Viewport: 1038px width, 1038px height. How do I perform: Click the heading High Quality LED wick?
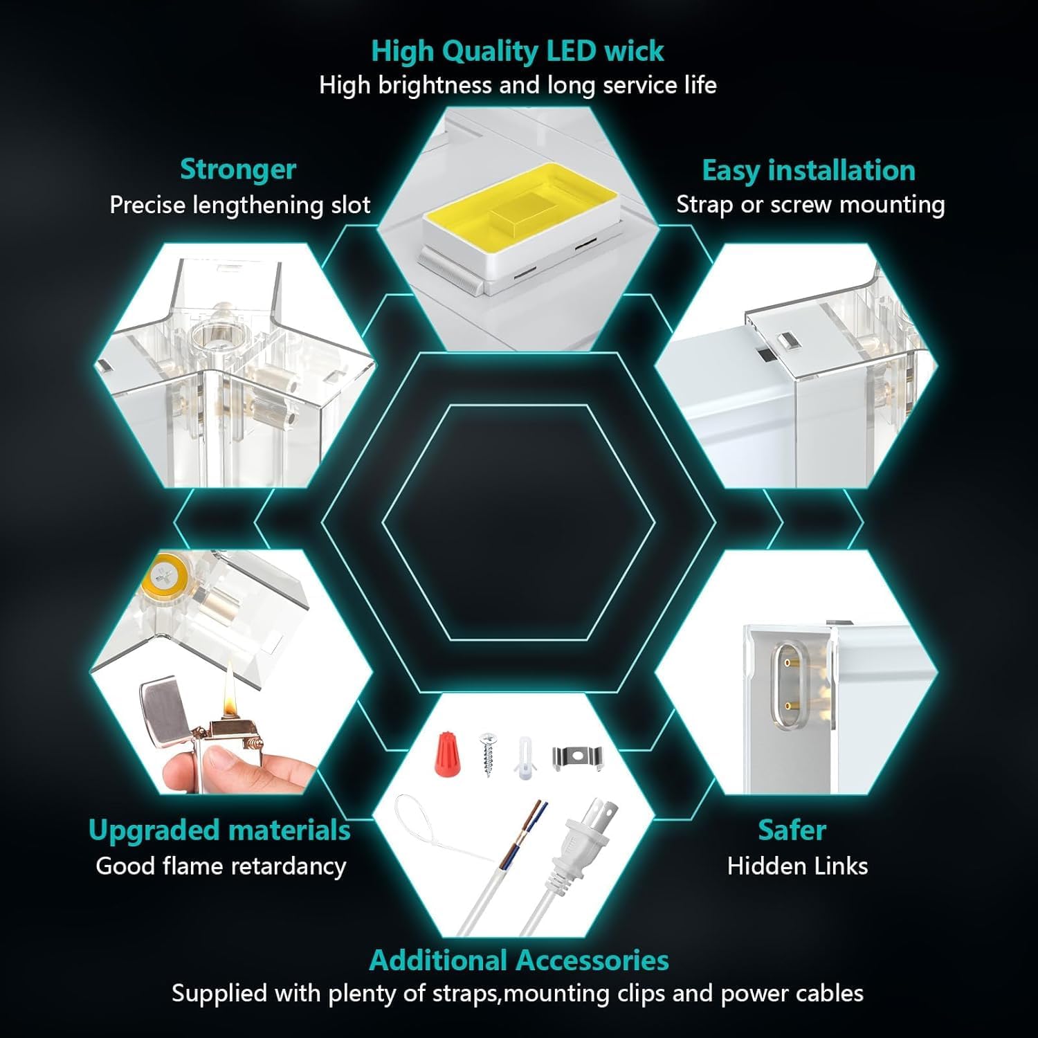517,52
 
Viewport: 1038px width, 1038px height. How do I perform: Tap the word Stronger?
237,170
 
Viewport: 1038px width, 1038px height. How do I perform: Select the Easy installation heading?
808,171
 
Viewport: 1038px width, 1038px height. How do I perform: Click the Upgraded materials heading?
219,830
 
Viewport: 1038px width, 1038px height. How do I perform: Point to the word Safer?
792,830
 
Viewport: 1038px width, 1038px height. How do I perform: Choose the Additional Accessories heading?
518,960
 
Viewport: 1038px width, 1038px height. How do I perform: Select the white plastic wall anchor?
524,758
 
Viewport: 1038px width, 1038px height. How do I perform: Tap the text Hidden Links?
797,866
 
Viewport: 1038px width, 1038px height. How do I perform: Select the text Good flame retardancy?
221,866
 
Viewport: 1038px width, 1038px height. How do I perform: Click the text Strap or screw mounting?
810,205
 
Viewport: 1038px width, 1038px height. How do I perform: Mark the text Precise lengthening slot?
239,206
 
